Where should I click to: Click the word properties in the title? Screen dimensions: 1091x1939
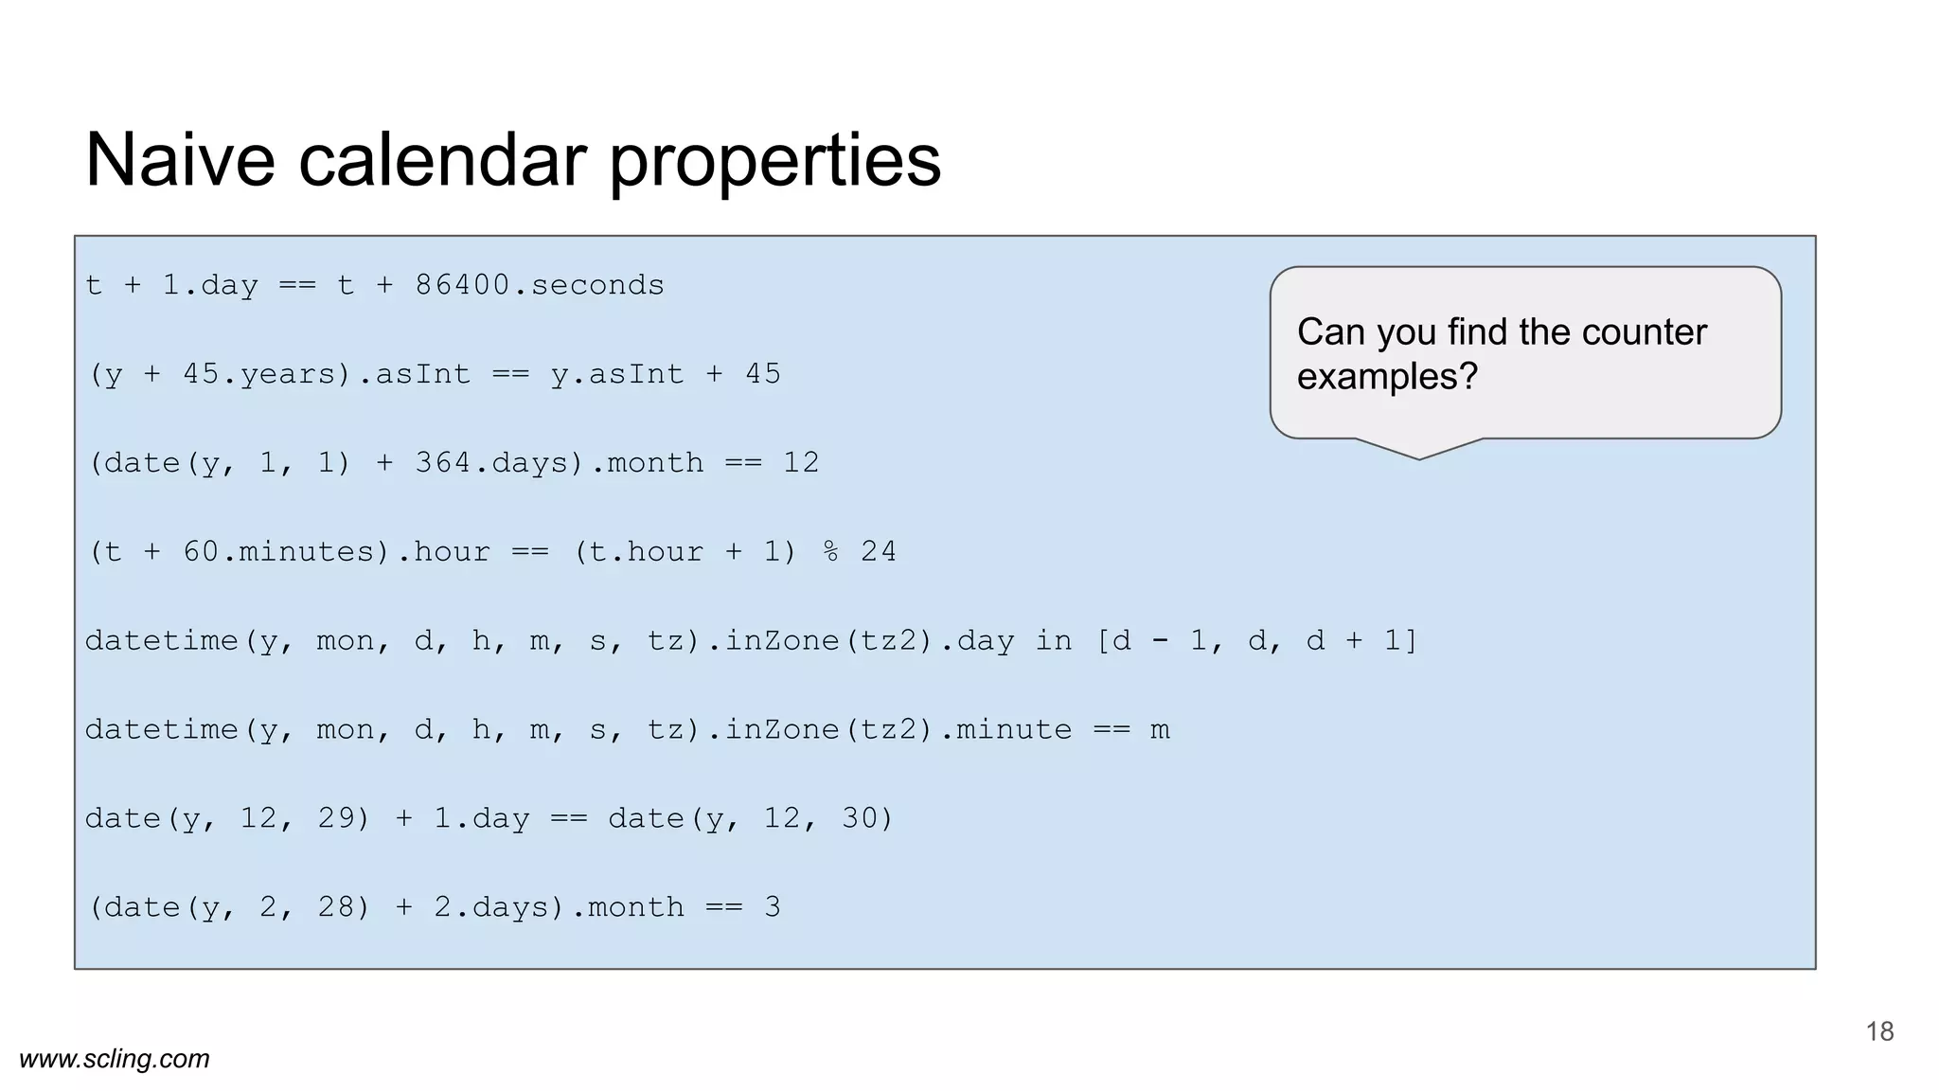774,161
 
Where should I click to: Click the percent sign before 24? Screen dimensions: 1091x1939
830,551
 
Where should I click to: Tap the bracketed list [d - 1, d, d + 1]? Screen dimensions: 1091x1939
1256,641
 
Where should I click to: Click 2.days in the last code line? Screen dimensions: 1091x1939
492,907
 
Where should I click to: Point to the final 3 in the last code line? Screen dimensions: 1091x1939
773,907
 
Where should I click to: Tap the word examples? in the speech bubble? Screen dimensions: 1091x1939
1387,377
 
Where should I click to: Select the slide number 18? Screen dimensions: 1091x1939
1879,1031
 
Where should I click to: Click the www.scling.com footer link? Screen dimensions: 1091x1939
115,1059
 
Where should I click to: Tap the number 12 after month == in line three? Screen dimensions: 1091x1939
801,463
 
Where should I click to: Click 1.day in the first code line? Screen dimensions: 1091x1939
210,285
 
